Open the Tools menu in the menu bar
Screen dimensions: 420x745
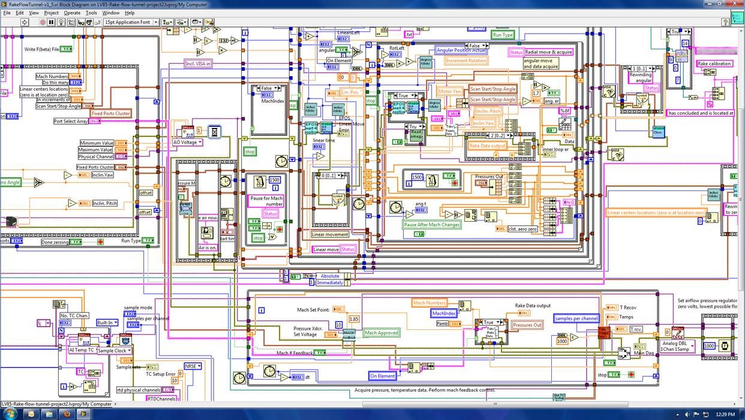(x=91, y=13)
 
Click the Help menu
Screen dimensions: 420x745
(x=130, y=13)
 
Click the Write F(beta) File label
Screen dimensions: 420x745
(x=41, y=49)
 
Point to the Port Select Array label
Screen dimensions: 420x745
(x=70, y=121)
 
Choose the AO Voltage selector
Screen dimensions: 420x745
(x=188, y=142)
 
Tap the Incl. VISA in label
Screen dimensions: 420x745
(x=198, y=63)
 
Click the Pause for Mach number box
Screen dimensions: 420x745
(x=266, y=201)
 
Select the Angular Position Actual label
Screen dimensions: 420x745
(x=461, y=50)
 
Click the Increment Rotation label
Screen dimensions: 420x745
(x=466, y=61)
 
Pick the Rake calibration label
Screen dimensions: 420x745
(x=714, y=64)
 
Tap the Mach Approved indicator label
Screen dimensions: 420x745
(x=381, y=333)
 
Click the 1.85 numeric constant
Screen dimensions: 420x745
(x=354, y=319)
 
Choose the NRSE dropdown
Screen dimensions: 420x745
(x=193, y=366)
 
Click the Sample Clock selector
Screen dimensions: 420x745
(x=113, y=350)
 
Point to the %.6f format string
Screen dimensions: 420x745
(x=565, y=111)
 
